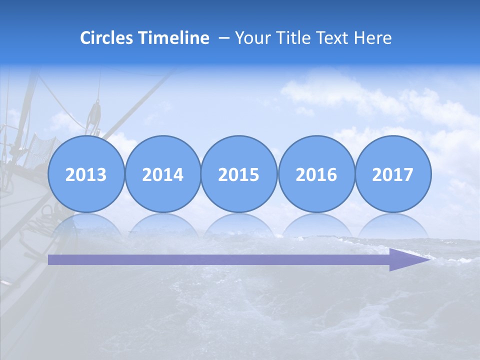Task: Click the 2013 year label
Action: [86, 174]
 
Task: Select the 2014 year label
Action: [162, 174]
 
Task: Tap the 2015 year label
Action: [239, 174]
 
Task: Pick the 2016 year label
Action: [316, 174]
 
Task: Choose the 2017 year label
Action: [392, 174]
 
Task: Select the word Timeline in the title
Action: [174, 38]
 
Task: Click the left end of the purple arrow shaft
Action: [51, 259]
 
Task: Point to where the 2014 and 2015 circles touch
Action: [201, 174]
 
